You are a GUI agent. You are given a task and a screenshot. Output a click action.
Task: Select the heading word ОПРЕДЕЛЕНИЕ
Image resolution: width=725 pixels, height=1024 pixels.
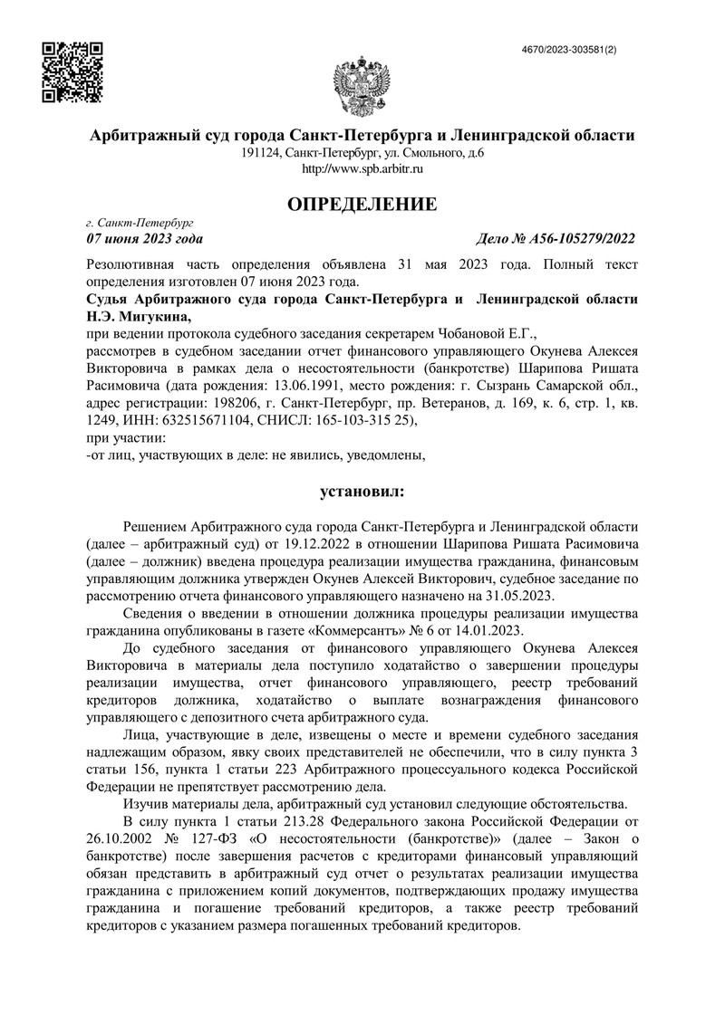click(x=362, y=205)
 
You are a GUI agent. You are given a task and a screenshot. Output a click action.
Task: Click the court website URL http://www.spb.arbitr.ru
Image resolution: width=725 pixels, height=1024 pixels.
click(x=362, y=168)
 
